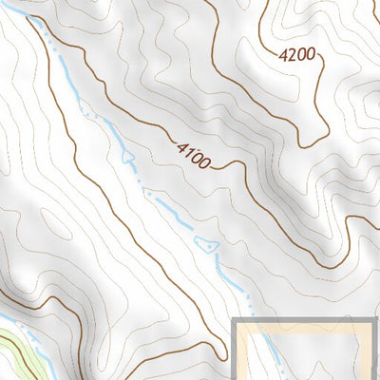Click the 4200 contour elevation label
[297, 56]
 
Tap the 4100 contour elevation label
[193, 154]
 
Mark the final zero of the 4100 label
[204, 162]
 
